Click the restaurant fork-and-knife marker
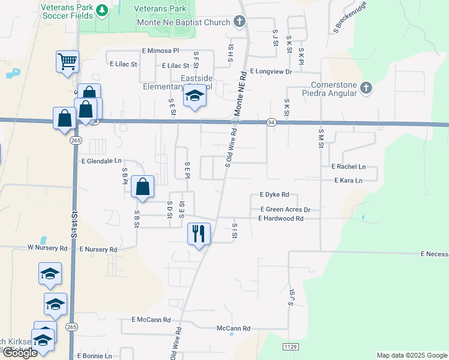point(199,232)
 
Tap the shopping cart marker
point(67,61)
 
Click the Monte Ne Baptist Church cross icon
point(239,23)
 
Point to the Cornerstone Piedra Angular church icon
point(366,89)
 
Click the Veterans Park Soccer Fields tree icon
point(102,10)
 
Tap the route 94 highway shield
point(272,122)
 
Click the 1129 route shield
point(291,347)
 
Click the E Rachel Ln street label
point(348,167)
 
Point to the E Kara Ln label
point(348,181)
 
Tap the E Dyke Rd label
point(274,195)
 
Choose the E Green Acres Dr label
point(285,209)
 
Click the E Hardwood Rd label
point(280,218)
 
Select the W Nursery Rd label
point(47,247)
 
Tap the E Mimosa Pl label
point(160,52)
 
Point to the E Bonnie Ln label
point(94,356)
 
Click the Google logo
point(20,353)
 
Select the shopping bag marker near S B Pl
point(143,187)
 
